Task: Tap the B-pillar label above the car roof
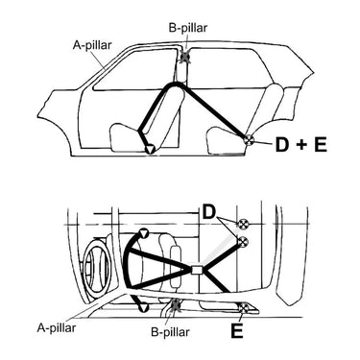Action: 186,27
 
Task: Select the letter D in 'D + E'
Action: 283,145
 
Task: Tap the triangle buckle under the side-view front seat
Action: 149,149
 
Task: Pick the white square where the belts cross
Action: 196,270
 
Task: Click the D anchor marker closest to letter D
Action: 244,224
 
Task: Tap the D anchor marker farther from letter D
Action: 244,240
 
